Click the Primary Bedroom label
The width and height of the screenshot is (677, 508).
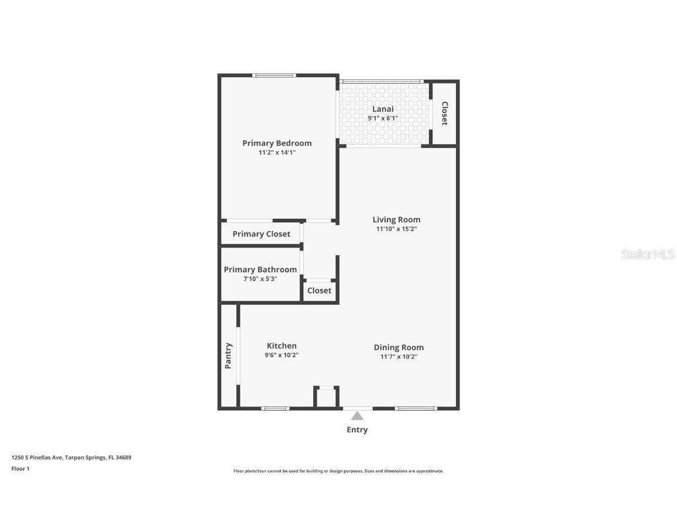click(277, 143)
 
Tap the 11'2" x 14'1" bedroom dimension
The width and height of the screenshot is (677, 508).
click(277, 152)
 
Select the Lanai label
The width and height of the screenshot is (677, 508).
click(383, 109)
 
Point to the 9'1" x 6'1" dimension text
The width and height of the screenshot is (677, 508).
click(383, 118)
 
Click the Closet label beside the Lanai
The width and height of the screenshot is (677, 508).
click(445, 113)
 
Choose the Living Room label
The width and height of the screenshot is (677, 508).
click(396, 220)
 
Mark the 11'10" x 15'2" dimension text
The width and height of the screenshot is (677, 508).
click(396, 229)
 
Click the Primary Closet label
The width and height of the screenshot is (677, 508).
click(261, 234)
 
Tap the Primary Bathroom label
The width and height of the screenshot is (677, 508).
click(260, 269)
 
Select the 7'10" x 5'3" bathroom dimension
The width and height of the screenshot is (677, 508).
click(260, 279)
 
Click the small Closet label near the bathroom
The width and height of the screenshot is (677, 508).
click(319, 290)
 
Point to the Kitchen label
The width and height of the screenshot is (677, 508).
click(281, 346)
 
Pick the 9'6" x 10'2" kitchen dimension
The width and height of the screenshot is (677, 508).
click(281, 355)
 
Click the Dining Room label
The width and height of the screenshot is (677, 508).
click(398, 347)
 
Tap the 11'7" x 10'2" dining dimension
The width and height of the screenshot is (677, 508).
click(398, 357)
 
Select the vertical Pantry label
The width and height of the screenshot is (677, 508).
click(228, 356)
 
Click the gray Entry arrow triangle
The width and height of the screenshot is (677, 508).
click(357, 416)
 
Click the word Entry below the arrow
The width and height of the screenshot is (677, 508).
click(357, 430)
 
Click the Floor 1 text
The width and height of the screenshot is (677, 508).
click(20, 469)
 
